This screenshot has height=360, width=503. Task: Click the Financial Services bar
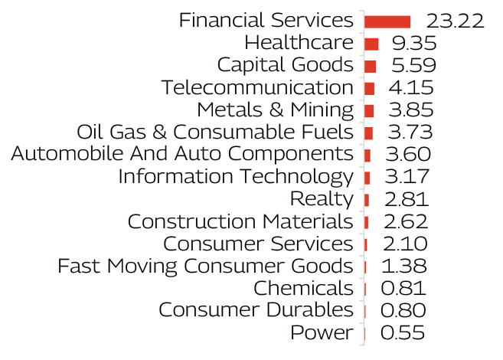point(387,21)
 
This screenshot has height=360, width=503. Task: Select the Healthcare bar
point(371,44)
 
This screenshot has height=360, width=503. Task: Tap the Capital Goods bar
point(370,66)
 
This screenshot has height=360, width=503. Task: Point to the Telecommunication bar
point(369,88)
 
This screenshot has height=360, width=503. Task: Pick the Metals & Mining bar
point(369,110)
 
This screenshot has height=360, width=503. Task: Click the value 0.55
point(402,333)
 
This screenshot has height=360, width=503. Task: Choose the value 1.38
point(403,267)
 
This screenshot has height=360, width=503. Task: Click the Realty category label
point(322,200)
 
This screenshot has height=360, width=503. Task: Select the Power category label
point(322,333)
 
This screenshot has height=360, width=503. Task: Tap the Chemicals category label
point(303,289)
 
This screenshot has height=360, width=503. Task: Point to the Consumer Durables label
point(256,311)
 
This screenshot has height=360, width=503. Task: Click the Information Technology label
point(236,177)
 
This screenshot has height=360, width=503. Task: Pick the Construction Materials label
point(240,222)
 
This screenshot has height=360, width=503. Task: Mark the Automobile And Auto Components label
point(182,155)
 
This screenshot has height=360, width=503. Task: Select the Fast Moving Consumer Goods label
point(205,267)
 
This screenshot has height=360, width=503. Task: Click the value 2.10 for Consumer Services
point(403,244)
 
